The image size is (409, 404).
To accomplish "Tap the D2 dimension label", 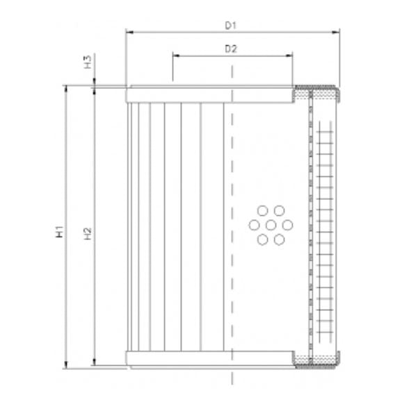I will [232, 49].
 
